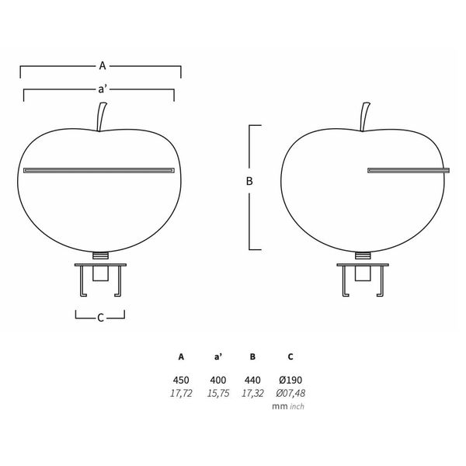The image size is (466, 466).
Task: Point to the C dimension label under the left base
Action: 100,317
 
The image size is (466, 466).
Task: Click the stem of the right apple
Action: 363,119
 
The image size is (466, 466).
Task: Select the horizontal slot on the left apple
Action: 99,169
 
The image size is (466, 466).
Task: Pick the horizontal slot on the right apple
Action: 409,169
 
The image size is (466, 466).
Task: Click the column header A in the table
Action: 181,358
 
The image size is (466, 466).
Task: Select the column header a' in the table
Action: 217,358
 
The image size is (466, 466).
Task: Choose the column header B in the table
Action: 252,358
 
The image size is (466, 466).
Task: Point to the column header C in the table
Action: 290,358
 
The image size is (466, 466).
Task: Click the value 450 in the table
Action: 181,380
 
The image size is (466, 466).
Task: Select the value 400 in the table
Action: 217,380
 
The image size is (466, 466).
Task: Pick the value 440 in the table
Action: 252,380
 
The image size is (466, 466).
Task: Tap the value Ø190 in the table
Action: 289,380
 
